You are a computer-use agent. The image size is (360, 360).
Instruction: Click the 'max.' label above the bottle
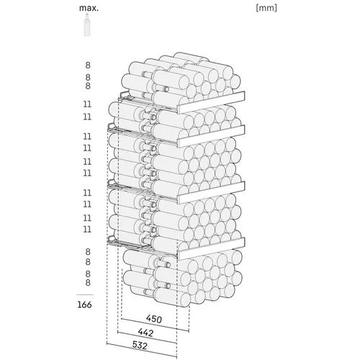(89, 8)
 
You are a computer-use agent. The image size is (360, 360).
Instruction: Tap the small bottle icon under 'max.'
(87, 24)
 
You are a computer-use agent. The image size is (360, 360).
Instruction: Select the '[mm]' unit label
(266, 8)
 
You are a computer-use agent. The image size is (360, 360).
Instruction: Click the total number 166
(84, 305)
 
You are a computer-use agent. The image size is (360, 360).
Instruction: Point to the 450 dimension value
(154, 319)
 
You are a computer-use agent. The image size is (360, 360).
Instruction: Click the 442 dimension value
(145, 333)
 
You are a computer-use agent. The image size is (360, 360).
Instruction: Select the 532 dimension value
(140, 346)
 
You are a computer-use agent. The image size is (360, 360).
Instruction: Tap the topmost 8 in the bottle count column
(88, 65)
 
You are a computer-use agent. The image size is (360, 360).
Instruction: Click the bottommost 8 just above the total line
(88, 282)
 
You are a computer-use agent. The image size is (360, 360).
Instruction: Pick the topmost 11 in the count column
(87, 104)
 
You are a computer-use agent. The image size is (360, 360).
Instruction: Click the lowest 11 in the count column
(87, 229)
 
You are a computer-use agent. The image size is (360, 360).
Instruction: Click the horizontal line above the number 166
(85, 294)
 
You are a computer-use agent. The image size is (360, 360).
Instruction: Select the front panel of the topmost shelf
(211, 102)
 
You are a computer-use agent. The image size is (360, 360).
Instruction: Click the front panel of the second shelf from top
(211, 136)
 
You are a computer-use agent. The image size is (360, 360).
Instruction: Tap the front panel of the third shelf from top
(211, 192)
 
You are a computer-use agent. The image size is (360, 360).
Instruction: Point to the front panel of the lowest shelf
(211, 248)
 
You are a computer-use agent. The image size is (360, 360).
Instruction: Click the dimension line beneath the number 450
(155, 325)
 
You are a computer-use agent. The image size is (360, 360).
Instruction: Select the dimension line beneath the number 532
(142, 351)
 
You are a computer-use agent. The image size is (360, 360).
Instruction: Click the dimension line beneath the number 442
(147, 338)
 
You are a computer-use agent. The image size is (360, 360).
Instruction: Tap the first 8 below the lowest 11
(88, 252)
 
